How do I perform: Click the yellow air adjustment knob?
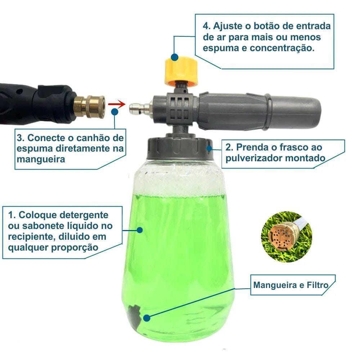tap(181, 71)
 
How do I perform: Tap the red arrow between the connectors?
tap(117, 104)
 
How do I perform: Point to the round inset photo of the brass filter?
tap(286, 237)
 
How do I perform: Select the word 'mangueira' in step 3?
tap(41, 159)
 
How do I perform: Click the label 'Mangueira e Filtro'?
tap(291, 285)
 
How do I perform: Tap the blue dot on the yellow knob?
tap(175, 57)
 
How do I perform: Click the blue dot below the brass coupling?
tap(114, 112)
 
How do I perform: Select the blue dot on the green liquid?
tap(140, 230)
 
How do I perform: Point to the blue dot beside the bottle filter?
tap(147, 318)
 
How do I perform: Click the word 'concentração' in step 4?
tap(282, 49)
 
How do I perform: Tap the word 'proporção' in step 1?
tap(75, 248)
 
